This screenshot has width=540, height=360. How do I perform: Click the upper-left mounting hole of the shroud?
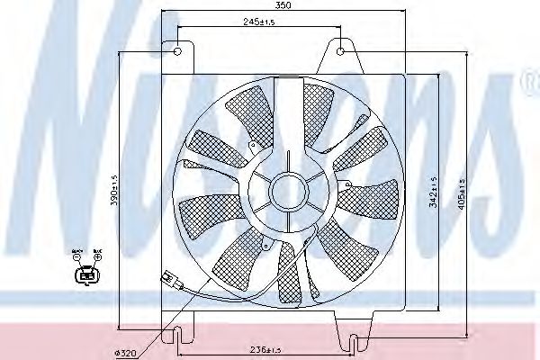point(177,49)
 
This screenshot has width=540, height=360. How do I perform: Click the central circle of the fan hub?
point(289,190)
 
